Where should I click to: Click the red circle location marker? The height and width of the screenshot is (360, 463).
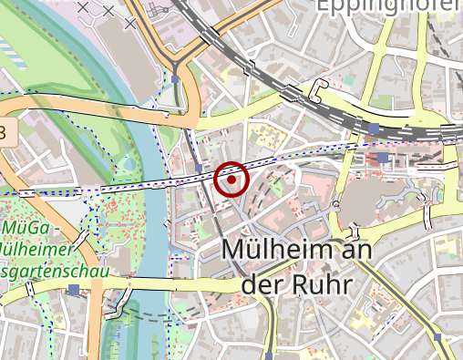pos(232,180)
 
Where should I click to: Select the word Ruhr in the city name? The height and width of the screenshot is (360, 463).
pos(319,284)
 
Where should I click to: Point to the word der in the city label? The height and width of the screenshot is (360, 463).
pos(261,284)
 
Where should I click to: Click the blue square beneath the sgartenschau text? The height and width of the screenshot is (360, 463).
pos(73,290)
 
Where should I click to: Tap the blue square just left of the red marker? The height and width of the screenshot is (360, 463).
pos(200,169)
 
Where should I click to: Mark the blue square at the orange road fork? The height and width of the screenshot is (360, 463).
pos(175,79)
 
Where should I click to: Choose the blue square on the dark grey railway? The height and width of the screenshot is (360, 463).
pos(374,129)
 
